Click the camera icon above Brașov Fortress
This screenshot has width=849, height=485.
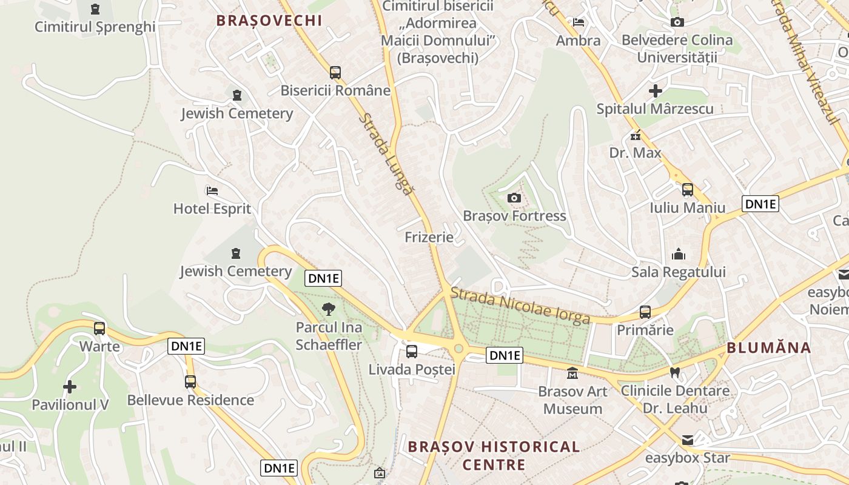point(514,198)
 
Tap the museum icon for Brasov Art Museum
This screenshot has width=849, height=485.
point(572,373)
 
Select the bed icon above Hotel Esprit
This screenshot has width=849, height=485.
point(212,190)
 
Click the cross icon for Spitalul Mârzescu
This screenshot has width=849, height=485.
point(655,92)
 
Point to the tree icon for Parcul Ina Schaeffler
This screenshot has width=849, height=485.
point(328,309)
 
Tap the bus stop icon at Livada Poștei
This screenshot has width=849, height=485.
point(412,351)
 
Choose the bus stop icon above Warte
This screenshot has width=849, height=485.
point(99,329)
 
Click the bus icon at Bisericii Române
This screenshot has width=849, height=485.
point(335,73)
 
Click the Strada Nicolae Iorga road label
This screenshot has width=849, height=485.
point(520,305)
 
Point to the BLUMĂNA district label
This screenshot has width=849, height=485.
point(769,347)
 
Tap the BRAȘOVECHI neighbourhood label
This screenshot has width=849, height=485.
point(269,20)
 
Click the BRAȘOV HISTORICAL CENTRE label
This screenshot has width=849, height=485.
point(494,456)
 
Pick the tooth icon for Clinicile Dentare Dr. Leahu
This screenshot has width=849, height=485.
point(674,372)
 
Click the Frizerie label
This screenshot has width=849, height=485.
point(429,236)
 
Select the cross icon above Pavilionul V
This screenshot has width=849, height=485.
point(70,386)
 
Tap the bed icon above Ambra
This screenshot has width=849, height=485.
point(579,22)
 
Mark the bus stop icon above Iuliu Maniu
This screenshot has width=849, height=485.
point(687,190)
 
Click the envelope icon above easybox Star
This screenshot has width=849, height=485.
point(687,440)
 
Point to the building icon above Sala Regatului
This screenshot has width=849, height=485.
point(678,254)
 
